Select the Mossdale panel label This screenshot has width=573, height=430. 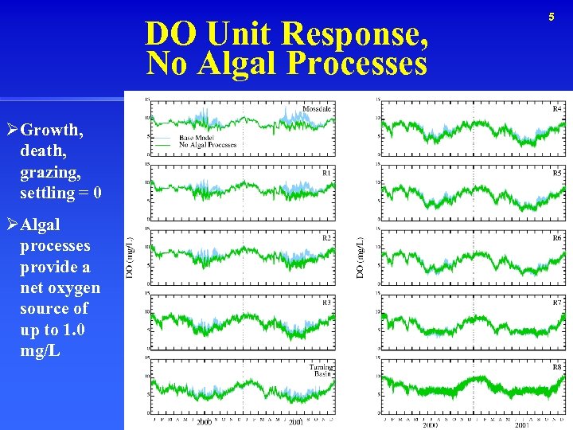point(317,109)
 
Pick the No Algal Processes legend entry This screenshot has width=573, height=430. point(208,145)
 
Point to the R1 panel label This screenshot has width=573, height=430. point(326,173)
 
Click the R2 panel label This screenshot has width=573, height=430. point(326,238)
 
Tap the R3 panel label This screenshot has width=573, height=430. point(326,303)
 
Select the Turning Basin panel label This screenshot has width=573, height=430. point(321,370)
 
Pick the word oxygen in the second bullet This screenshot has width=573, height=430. point(73,287)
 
